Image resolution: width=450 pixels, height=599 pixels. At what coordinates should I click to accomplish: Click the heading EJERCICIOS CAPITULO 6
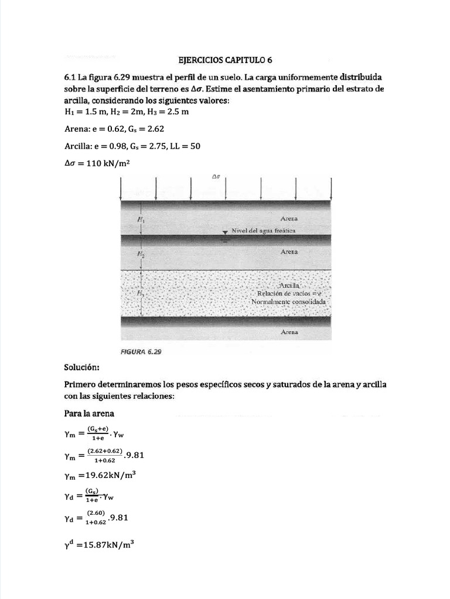(225, 60)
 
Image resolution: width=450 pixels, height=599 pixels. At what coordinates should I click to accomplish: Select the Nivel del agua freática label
(263, 230)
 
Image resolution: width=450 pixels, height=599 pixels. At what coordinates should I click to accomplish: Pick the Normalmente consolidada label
(288, 302)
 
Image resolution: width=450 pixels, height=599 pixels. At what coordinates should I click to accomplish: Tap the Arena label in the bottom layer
(289, 332)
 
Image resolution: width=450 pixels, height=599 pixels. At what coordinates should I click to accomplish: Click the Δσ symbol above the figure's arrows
(216, 176)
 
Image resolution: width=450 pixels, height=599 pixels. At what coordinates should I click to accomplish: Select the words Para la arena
(89, 414)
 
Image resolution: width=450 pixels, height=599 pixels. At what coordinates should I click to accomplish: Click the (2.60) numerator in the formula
(96, 512)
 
